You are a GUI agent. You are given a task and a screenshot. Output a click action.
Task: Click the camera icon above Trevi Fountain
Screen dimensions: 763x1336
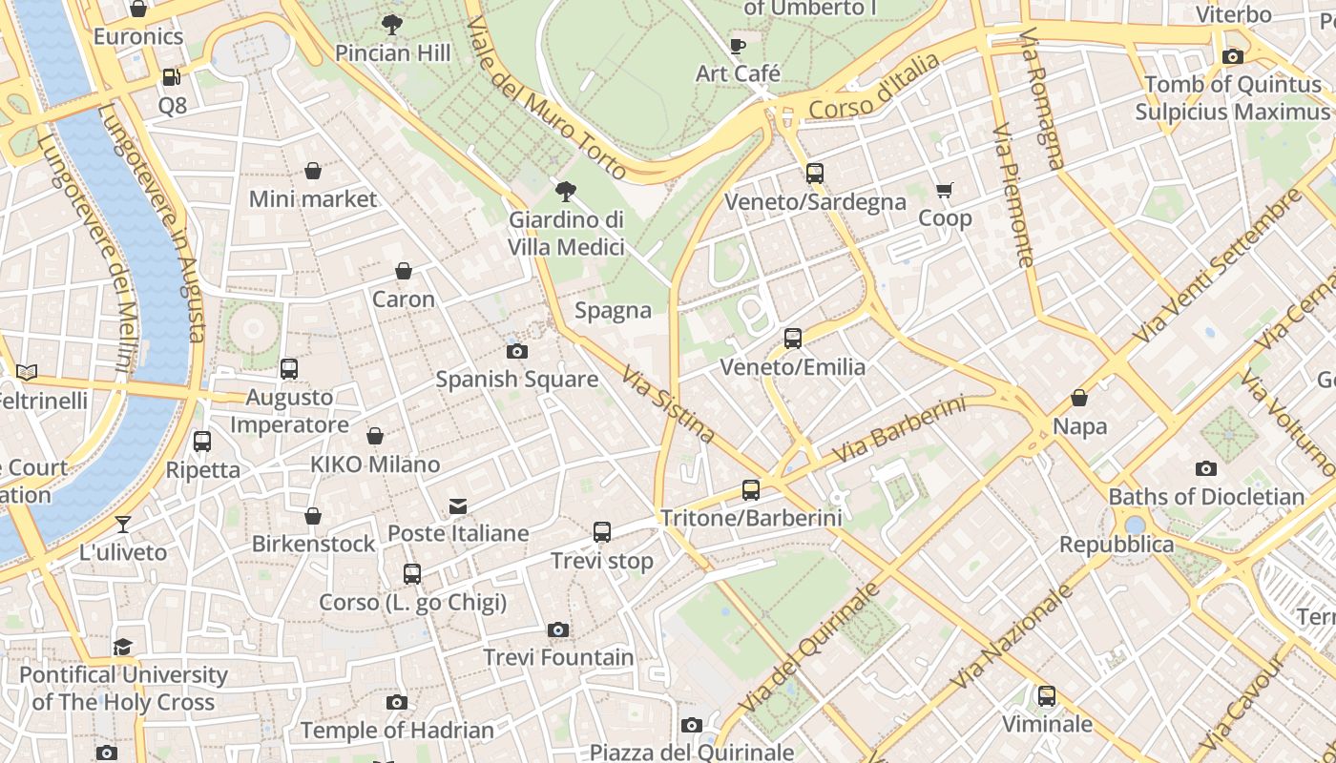[558, 629]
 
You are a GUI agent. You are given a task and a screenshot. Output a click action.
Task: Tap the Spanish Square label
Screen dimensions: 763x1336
[516, 379]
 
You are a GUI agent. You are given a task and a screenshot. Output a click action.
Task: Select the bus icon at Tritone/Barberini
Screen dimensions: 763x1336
[751, 490]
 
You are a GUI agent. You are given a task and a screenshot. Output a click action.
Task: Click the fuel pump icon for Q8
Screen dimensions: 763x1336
[172, 77]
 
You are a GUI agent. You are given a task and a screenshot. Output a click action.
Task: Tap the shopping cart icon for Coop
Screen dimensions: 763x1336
[945, 191]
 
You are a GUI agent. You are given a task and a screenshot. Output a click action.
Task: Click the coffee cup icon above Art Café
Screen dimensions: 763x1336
[738, 46]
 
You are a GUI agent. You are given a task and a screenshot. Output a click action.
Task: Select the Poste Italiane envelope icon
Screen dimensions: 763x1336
[458, 505]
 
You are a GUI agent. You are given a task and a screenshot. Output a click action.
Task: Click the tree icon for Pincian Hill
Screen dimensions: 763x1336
[391, 25]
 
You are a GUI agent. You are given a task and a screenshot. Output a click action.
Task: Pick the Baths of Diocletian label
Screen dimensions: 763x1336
[1205, 497]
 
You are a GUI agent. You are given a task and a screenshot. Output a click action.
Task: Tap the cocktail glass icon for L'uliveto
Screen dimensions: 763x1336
[123, 524]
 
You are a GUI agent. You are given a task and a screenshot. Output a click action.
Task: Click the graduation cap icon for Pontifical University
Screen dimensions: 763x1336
[123, 648]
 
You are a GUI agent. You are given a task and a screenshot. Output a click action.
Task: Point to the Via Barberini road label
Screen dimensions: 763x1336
[899, 430]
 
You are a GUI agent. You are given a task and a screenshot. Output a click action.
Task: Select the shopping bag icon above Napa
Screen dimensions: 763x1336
[1079, 398]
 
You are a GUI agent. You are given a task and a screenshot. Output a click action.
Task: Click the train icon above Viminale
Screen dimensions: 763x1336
[1047, 696]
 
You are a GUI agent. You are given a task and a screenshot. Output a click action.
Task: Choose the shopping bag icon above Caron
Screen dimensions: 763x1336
[404, 271]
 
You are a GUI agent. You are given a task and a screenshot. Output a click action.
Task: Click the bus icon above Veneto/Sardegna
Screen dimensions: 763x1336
[814, 174]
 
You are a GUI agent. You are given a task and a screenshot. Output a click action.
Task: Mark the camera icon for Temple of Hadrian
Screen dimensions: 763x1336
[397, 703]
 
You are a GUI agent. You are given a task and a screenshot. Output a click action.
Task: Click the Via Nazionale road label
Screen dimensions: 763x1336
[1013, 636]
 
